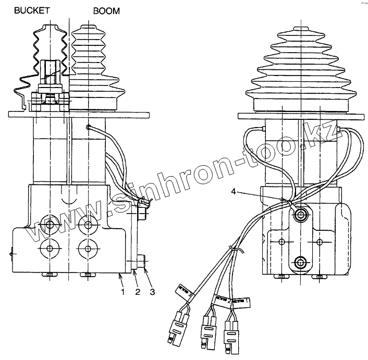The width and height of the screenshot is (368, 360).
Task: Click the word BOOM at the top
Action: click(106, 10)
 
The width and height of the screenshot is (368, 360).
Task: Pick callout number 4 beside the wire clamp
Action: click(234, 193)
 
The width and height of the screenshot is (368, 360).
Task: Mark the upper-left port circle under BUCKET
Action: click(50, 226)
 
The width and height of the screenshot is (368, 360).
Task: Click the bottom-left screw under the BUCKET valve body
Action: click(50, 275)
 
